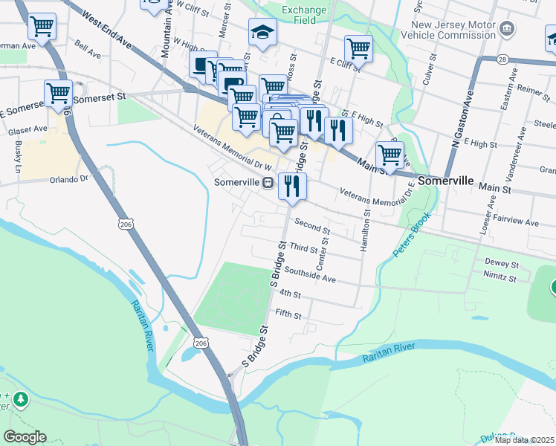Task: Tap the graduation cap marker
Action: [262, 33]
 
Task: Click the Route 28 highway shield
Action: [482, 59]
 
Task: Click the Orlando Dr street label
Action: [68, 179]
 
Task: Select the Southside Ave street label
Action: [310, 276]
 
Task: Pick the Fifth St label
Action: [288, 315]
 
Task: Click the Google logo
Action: [25, 437]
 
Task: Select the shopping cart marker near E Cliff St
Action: [358, 49]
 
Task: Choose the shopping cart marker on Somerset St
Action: [58, 94]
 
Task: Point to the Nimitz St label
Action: [500, 278]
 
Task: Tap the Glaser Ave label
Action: [28, 129]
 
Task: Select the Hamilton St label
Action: [366, 231]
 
